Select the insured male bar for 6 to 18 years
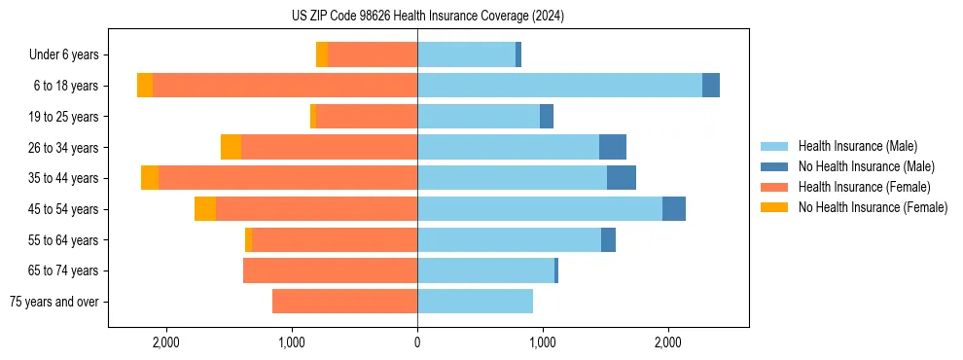click(x=559, y=86)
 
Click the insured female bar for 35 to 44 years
click(x=288, y=178)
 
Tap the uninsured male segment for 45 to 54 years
click(x=674, y=209)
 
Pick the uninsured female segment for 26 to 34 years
click(x=231, y=147)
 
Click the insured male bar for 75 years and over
click(x=475, y=302)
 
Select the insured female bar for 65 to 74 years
click(x=330, y=270)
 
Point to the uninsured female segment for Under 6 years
click(x=322, y=54)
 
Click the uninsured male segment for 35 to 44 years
click(x=622, y=178)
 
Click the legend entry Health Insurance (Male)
click(x=857, y=146)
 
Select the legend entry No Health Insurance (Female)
click(x=873, y=207)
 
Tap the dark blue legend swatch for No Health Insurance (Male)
click(x=774, y=166)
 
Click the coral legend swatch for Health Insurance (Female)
click(x=774, y=187)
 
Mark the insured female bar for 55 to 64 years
click(x=335, y=240)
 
